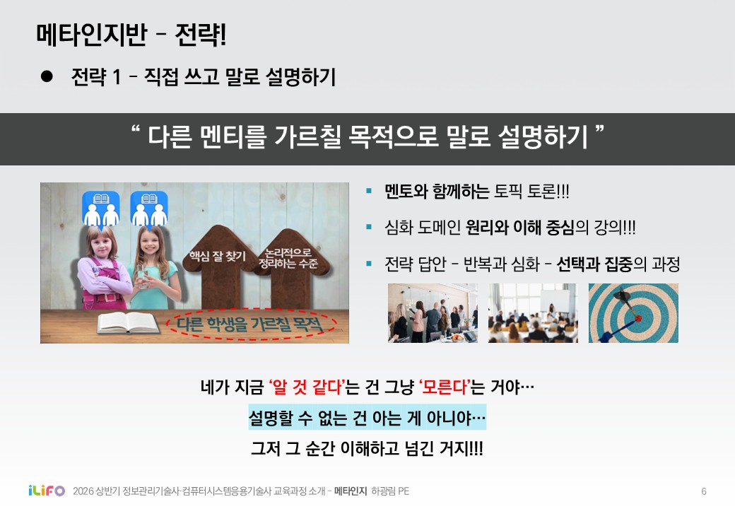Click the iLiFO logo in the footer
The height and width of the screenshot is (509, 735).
47,491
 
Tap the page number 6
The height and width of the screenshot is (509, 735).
704,491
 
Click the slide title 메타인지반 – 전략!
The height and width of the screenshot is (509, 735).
131,35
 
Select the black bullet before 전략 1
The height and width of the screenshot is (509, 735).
47,76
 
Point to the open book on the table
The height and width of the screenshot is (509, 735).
128,322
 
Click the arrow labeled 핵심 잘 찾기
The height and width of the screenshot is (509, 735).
218,266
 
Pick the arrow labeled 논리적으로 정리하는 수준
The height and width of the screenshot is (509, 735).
290,267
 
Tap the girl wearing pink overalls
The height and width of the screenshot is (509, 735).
102,267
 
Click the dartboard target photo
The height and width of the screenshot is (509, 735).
633,313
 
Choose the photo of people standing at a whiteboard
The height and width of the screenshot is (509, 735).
433,313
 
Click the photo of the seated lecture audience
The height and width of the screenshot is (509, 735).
533,313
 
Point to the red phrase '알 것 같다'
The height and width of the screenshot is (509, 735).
307,387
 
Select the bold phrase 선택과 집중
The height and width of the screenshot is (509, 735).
594,264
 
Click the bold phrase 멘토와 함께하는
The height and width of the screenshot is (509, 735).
437,192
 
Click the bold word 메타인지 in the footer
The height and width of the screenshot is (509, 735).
350,491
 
